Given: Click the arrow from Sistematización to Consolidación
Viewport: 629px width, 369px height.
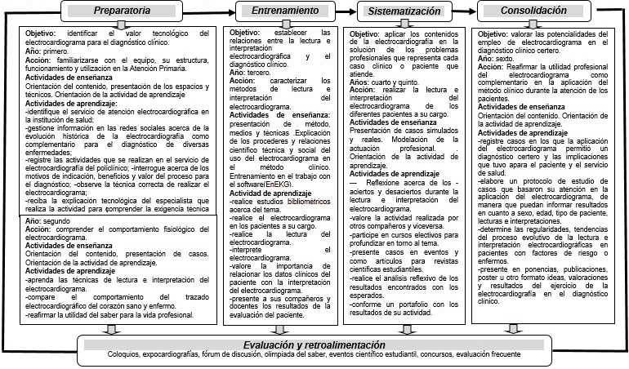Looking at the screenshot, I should tap(466, 11).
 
